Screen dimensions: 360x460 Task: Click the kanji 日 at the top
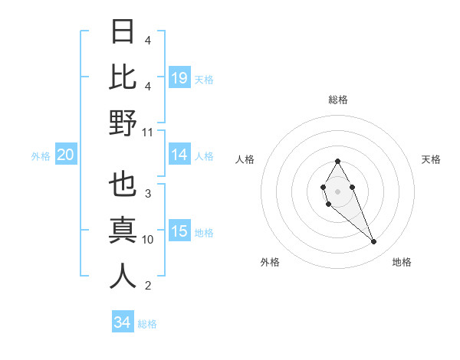(123, 32)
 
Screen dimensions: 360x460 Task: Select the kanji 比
(123, 77)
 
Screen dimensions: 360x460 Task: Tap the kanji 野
(123, 123)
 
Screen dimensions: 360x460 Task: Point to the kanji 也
(123, 185)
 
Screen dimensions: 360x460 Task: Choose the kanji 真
(123, 231)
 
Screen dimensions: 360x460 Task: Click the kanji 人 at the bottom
(123, 277)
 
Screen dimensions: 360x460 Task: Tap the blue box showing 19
(179, 78)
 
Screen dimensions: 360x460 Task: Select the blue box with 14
(179, 155)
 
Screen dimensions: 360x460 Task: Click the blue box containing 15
(179, 231)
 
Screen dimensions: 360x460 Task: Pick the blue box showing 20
(65, 155)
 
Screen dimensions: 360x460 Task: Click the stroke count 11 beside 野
(148, 132)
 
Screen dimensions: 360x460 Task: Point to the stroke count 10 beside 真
(148, 240)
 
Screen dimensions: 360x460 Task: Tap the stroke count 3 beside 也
(147, 194)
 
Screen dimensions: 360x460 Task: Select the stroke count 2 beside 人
(147, 286)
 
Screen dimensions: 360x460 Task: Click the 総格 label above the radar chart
(337, 100)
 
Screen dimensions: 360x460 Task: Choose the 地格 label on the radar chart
(402, 262)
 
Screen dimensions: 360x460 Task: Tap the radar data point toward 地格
(374, 242)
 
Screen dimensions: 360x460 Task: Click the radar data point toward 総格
(337, 161)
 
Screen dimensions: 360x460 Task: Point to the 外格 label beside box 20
(41, 155)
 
